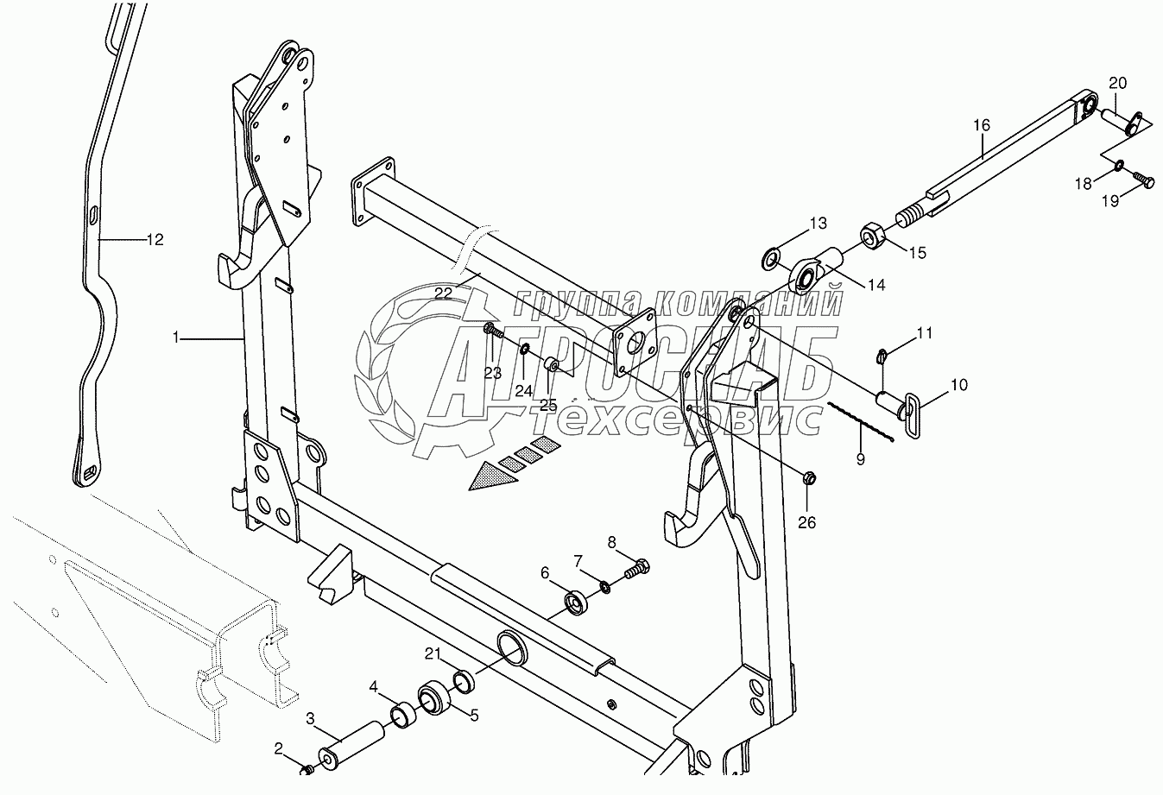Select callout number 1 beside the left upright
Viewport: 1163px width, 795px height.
pos(176,338)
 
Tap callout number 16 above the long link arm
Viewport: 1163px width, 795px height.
pos(982,126)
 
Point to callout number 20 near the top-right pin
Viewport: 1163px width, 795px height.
pos(1117,84)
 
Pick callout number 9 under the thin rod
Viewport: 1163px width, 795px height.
pos(860,459)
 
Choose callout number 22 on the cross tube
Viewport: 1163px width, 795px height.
pos(443,293)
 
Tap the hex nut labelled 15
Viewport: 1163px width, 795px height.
pos(870,235)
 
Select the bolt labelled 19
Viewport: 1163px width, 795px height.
pos(1144,180)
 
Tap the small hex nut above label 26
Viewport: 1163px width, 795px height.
pos(809,477)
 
